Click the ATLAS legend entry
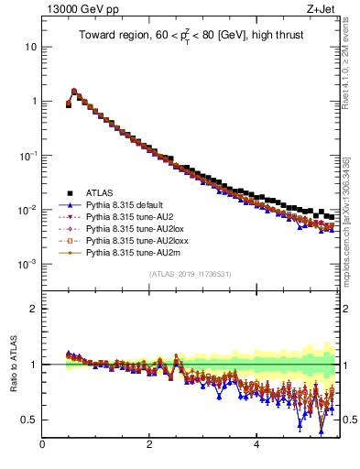(99, 193)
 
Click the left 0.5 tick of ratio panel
(30, 420)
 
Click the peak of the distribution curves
(74, 91)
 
